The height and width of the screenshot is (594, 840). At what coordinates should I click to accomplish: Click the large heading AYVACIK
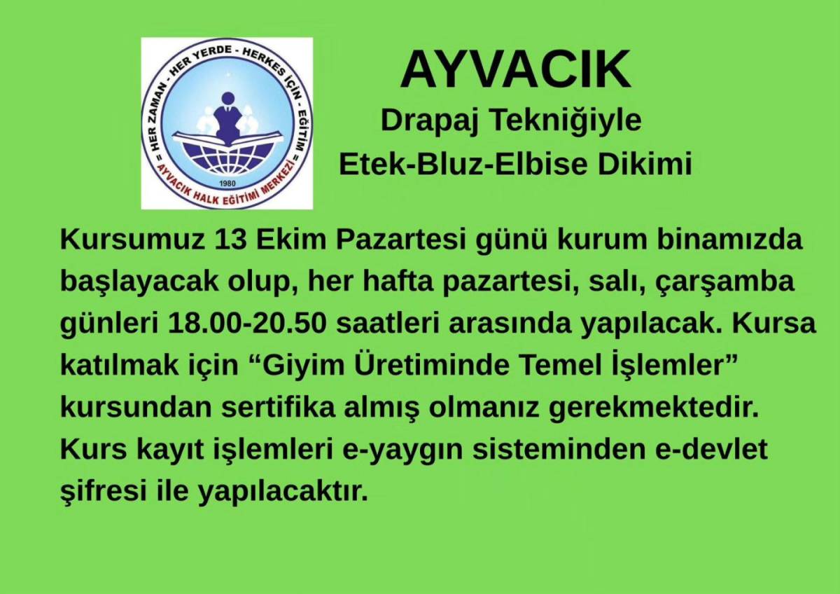click(x=516, y=69)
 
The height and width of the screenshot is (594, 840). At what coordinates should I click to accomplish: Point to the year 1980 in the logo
click(x=227, y=184)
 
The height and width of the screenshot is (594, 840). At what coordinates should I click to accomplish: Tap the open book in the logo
click(x=227, y=138)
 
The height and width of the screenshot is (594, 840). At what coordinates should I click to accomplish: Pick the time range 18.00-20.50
click(x=248, y=324)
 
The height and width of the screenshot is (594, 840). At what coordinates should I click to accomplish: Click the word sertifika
click(x=278, y=408)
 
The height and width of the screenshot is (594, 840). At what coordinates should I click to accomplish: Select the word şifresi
click(x=103, y=493)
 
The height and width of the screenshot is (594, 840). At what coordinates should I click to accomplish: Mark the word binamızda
click(x=729, y=240)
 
